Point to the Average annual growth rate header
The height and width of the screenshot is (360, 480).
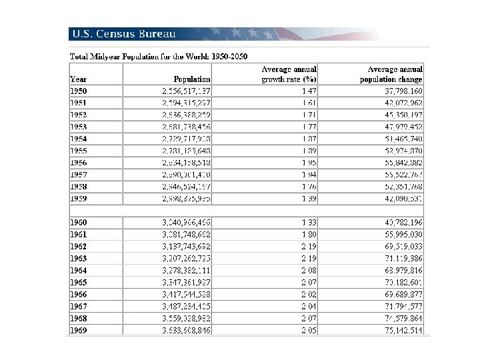(x=289, y=74)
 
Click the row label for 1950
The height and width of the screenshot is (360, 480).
(x=79, y=90)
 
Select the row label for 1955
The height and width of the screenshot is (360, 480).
(x=79, y=151)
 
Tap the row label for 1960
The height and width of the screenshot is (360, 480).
(x=79, y=222)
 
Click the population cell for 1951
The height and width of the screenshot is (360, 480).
(x=187, y=103)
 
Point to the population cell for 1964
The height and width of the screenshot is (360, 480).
(x=187, y=269)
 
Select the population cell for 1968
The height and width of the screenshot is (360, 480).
(x=187, y=317)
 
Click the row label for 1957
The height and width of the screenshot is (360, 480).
(x=79, y=175)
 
